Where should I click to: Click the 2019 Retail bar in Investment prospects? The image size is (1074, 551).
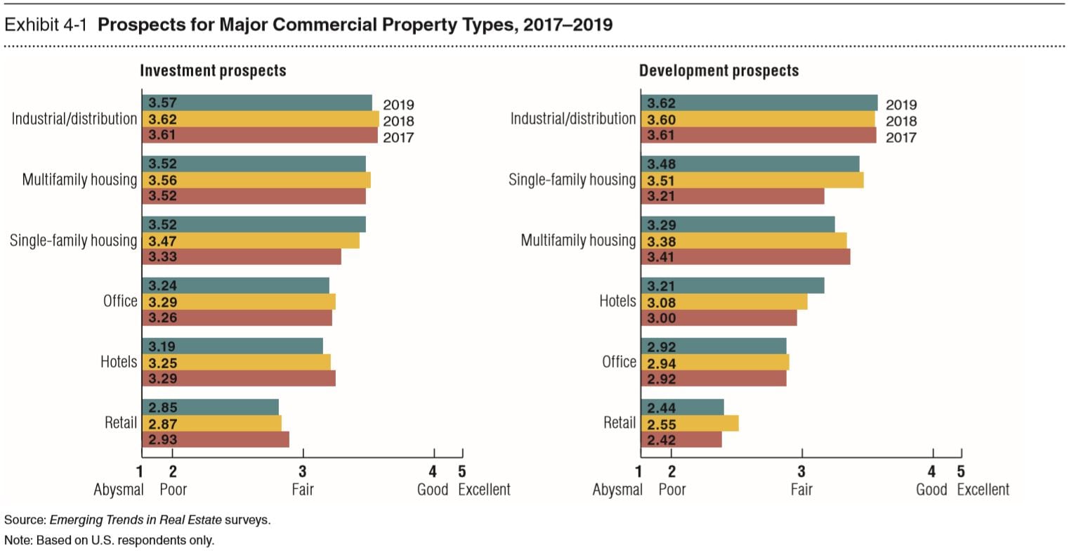(x=210, y=407)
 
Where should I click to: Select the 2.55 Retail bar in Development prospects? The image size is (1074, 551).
(x=689, y=423)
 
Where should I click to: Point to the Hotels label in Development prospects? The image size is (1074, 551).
(x=617, y=302)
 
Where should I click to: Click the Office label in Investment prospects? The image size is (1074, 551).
(x=120, y=302)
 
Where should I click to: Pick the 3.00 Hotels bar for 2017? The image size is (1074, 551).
(x=719, y=318)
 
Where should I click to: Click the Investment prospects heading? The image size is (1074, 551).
(x=213, y=71)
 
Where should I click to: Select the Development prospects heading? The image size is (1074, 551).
(x=719, y=71)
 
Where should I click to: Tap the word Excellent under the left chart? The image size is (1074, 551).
(x=484, y=490)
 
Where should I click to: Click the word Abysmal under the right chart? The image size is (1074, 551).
(x=617, y=490)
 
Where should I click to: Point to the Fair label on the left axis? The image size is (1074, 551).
(x=303, y=490)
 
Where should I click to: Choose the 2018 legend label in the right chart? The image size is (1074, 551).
(x=901, y=121)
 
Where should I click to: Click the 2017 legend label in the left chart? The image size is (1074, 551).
(x=398, y=137)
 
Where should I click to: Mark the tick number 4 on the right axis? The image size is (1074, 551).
(x=932, y=472)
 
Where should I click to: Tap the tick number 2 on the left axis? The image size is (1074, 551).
(x=173, y=472)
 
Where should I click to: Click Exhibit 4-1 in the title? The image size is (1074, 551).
(x=47, y=26)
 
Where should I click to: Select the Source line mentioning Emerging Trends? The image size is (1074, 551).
(x=137, y=521)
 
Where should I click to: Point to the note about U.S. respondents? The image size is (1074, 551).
(x=109, y=540)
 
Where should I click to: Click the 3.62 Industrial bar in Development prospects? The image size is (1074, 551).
(x=759, y=103)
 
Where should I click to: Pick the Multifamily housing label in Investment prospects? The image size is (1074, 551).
(x=79, y=180)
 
